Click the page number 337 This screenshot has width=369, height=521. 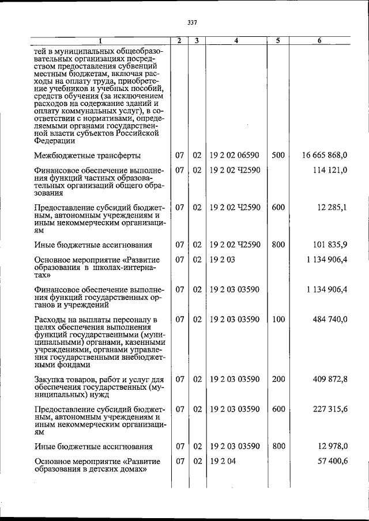point(193,23)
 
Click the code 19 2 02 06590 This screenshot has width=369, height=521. point(235,155)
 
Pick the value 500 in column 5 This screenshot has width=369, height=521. point(278,155)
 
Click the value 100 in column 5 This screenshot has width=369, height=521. point(278,319)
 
